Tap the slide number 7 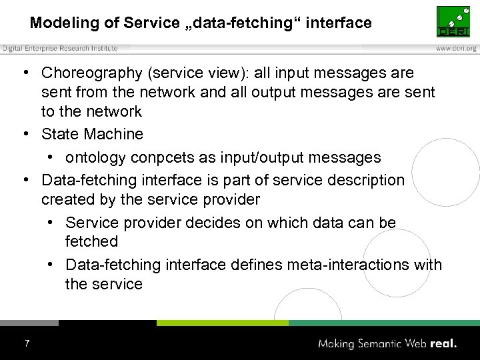click(27, 343)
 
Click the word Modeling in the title click(63, 23)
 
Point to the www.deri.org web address click(456, 48)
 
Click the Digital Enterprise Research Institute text click(60, 48)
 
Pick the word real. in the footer click(443, 344)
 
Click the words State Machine click(92, 134)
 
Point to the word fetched click(91, 241)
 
